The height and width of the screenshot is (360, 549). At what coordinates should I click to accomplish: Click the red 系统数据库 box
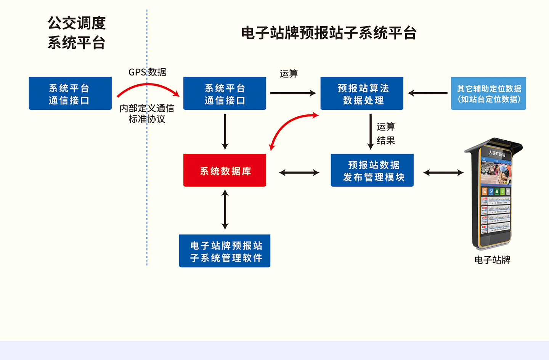[x=225, y=170]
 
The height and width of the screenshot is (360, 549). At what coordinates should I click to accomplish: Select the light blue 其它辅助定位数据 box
[x=488, y=93]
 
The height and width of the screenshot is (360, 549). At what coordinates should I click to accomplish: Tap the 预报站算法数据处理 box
[x=362, y=93]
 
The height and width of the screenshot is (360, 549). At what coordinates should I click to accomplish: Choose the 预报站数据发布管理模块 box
[x=372, y=170]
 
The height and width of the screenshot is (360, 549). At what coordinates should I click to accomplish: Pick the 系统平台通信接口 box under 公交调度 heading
[x=70, y=93]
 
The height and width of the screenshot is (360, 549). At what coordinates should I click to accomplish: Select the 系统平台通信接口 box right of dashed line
[x=225, y=93]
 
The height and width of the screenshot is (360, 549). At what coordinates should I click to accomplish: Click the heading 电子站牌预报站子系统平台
[x=328, y=33]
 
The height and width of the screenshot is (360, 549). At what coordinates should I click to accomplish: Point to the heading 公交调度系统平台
[x=76, y=33]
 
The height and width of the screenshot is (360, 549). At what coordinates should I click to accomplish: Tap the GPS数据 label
[x=147, y=72]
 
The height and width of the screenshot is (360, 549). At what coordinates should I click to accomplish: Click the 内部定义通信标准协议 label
[x=147, y=114]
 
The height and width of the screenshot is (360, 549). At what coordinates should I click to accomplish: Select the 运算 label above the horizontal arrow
[x=289, y=74]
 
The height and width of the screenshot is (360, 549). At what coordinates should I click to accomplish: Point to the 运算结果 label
[x=385, y=133]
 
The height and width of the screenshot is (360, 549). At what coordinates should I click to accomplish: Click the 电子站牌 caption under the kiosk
[x=492, y=260]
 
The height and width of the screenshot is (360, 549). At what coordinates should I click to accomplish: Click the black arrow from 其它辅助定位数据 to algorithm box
[x=427, y=93]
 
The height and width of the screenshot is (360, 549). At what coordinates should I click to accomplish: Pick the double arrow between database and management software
[x=225, y=210]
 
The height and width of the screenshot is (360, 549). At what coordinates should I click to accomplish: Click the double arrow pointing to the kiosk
[x=443, y=173]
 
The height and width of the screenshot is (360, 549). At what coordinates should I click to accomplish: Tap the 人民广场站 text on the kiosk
[x=497, y=154]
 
